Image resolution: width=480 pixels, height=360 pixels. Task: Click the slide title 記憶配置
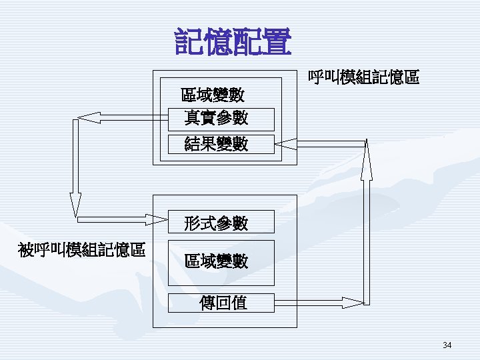tap(233, 41)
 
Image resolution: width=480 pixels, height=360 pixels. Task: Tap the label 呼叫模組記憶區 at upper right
tap(363, 78)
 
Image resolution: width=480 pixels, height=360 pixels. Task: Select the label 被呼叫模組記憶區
tap(83, 250)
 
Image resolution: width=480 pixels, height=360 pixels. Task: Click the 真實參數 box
tap(220, 119)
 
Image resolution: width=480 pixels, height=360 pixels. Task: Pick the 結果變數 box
tap(220, 144)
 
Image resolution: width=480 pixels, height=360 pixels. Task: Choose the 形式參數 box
tap(220, 223)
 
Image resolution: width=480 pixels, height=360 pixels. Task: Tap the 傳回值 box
tap(220, 303)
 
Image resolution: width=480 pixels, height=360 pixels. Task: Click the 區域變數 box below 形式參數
tap(220, 261)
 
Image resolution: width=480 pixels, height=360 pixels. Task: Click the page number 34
tap(447, 345)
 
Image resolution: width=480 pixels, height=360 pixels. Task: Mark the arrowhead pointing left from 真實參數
tap(88, 118)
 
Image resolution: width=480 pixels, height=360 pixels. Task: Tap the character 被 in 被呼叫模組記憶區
tap(26, 250)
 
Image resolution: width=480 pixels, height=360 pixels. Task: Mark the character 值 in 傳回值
tap(239, 303)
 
